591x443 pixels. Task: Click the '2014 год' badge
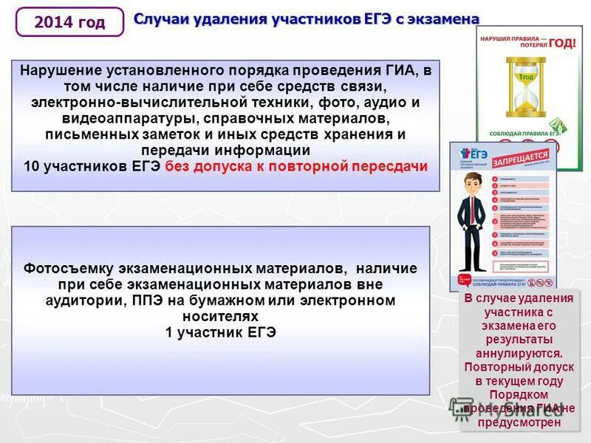pos(69,22)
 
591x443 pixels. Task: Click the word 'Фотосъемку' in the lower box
pos(64,268)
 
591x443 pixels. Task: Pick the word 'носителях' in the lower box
pos(221,316)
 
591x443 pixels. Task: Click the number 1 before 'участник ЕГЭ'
pos(169,332)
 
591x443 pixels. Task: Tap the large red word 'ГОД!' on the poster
pos(563,44)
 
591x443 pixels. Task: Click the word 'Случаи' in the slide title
pos(157,18)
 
